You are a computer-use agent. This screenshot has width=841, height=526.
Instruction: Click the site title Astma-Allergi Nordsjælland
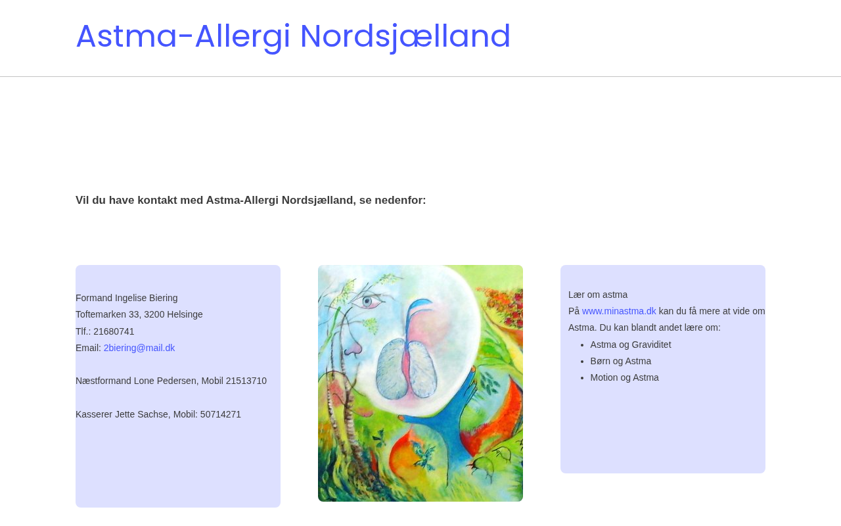click(x=293, y=36)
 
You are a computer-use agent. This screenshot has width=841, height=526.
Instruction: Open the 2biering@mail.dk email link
click(x=139, y=348)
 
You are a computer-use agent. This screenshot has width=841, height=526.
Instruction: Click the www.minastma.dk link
click(x=619, y=311)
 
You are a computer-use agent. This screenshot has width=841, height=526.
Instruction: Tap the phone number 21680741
click(x=114, y=331)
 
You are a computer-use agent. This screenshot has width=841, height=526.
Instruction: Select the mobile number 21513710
click(x=246, y=381)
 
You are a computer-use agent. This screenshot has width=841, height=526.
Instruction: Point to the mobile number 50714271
click(x=220, y=414)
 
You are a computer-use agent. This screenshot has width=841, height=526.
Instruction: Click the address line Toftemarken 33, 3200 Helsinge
click(x=139, y=314)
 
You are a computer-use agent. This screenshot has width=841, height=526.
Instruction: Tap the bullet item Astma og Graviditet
click(x=630, y=345)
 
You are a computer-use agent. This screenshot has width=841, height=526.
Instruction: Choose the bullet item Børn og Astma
click(x=621, y=361)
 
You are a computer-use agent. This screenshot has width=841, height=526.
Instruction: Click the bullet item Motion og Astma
click(x=624, y=377)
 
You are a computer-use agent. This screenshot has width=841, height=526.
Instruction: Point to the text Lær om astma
click(x=598, y=295)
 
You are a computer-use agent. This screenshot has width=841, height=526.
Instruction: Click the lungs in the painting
click(x=407, y=369)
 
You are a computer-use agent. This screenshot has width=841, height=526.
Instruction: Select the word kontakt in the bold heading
click(x=157, y=201)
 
